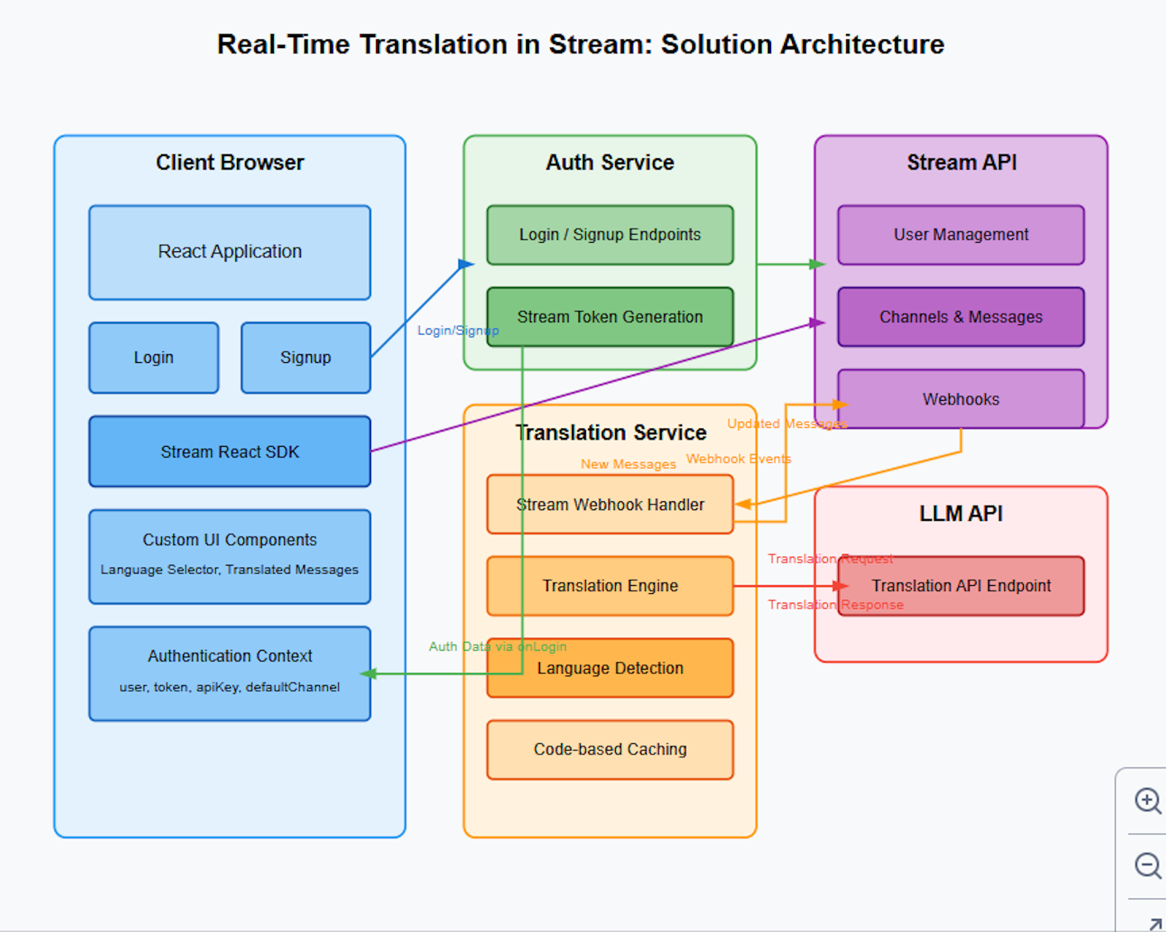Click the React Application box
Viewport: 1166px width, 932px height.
230,252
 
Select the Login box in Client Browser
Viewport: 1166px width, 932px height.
154,358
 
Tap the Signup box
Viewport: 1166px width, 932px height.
305,358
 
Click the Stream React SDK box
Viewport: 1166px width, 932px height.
230,452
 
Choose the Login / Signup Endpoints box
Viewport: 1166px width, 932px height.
610,235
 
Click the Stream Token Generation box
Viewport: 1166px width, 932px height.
610,317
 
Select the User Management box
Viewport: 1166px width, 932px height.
960,235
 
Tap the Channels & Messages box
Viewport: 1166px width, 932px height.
960,317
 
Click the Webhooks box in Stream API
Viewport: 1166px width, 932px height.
960,399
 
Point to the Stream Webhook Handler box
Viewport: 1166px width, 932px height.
610,504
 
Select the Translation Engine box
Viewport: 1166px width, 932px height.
610,586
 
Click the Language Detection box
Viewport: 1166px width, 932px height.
610,668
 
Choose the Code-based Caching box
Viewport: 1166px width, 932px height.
610,750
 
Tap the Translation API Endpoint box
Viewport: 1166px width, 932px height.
960,586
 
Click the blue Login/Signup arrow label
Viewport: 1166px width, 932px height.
458,331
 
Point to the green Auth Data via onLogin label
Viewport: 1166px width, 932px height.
497,646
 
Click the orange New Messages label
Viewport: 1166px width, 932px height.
628,464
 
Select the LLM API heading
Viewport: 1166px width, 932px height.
960,514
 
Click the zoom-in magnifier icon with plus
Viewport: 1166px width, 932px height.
1148,800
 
